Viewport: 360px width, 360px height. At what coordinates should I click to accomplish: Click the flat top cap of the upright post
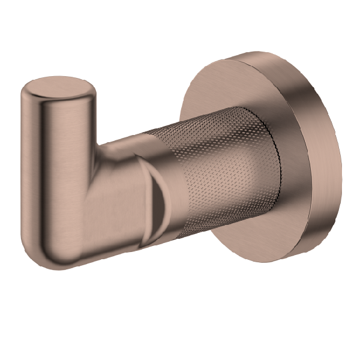[58, 89]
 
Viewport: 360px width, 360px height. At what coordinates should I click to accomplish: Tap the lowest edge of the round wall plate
[282, 259]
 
